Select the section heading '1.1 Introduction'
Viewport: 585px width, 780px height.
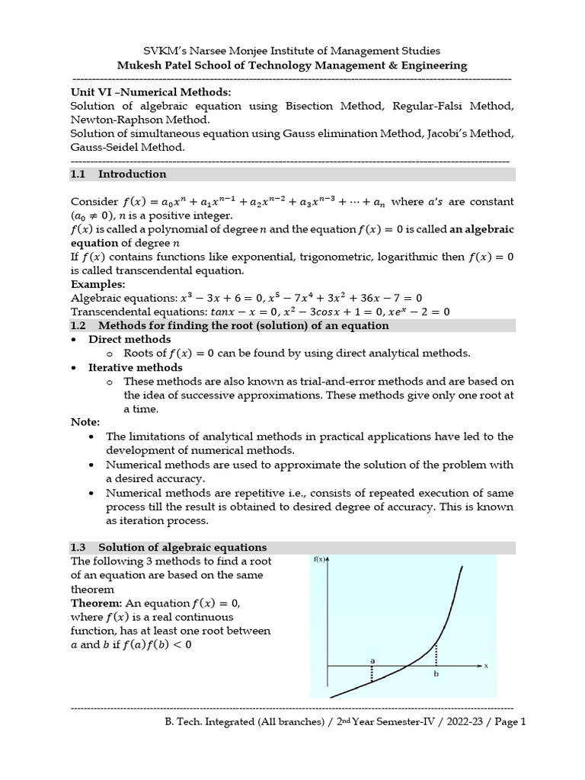coord(118,174)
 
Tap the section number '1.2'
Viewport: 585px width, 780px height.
coord(79,325)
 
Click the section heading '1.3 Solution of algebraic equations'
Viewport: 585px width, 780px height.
coord(168,547)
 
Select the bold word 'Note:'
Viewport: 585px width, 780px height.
coord(85,422)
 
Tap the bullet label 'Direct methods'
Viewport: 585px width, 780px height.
coord(129,339)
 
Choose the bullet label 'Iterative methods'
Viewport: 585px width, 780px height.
coord(136,367)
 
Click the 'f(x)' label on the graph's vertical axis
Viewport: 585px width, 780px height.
coord(320,560)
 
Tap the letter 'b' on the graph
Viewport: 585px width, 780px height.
coord(436,674)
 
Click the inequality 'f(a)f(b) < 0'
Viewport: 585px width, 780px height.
coord(151,644)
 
